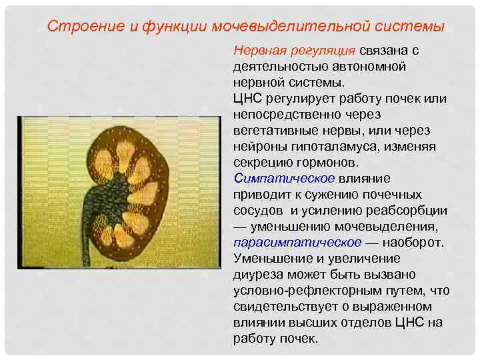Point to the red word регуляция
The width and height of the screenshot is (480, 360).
tap(325, 51)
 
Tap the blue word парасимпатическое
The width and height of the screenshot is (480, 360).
tap(297, 243)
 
